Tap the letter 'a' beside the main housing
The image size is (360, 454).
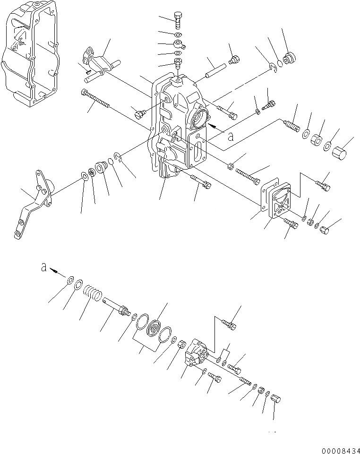(230, 137)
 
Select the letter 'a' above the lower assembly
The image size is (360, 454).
(43, 267)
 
